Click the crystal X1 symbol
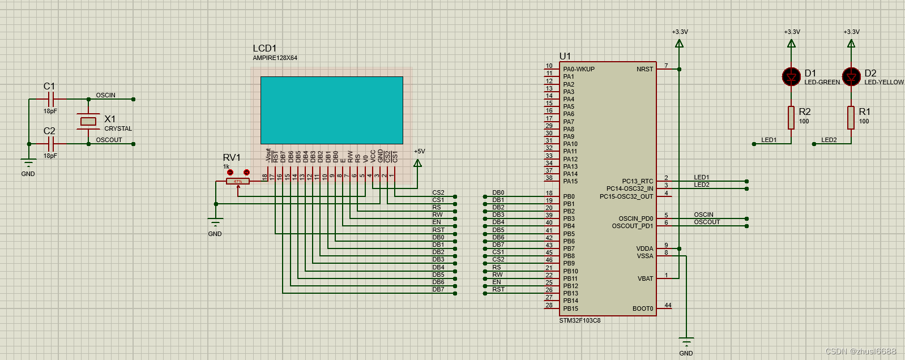[x=88, y=121]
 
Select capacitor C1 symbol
[x=51, y=100]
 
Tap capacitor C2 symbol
[x=51, y=144]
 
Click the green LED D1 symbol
[x=791, y=76]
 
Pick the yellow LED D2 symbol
[x=851, y=76]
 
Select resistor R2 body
[x=791, y=117]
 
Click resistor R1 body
[x=851, y=117]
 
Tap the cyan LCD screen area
[x=331, y=110]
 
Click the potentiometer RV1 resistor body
[x=238, y=181]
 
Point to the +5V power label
[x=419, y=152]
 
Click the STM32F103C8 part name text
[x=580, y=320]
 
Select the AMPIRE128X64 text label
[x=275, y=58]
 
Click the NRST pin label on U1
[x=644, y=69]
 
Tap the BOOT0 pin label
[x=643, y=308]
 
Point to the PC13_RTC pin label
[x=637, y=181]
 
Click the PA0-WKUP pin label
[x=579, y=69]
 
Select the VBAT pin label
[x=645, y=278]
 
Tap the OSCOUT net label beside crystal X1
[x=109, y=140]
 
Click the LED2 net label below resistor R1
[x=829, y=140]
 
